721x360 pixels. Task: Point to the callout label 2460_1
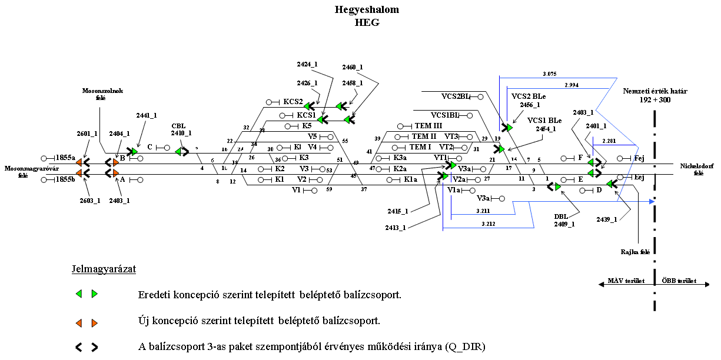coord(353,68)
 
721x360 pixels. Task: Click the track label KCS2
coord(293,102)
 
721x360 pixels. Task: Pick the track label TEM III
coord(428,126)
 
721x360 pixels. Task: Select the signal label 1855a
coord(65,158)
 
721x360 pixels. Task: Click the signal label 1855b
coord(65,180)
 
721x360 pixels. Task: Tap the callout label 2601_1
coord(87,134)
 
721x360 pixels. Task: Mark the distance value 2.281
coord(609,141)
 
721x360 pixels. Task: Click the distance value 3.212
coord(488,224)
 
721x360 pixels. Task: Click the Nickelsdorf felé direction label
coord(699,169)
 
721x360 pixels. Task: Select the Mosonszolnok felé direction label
coord(102,94)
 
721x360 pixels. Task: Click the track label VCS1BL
coord(446,115)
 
